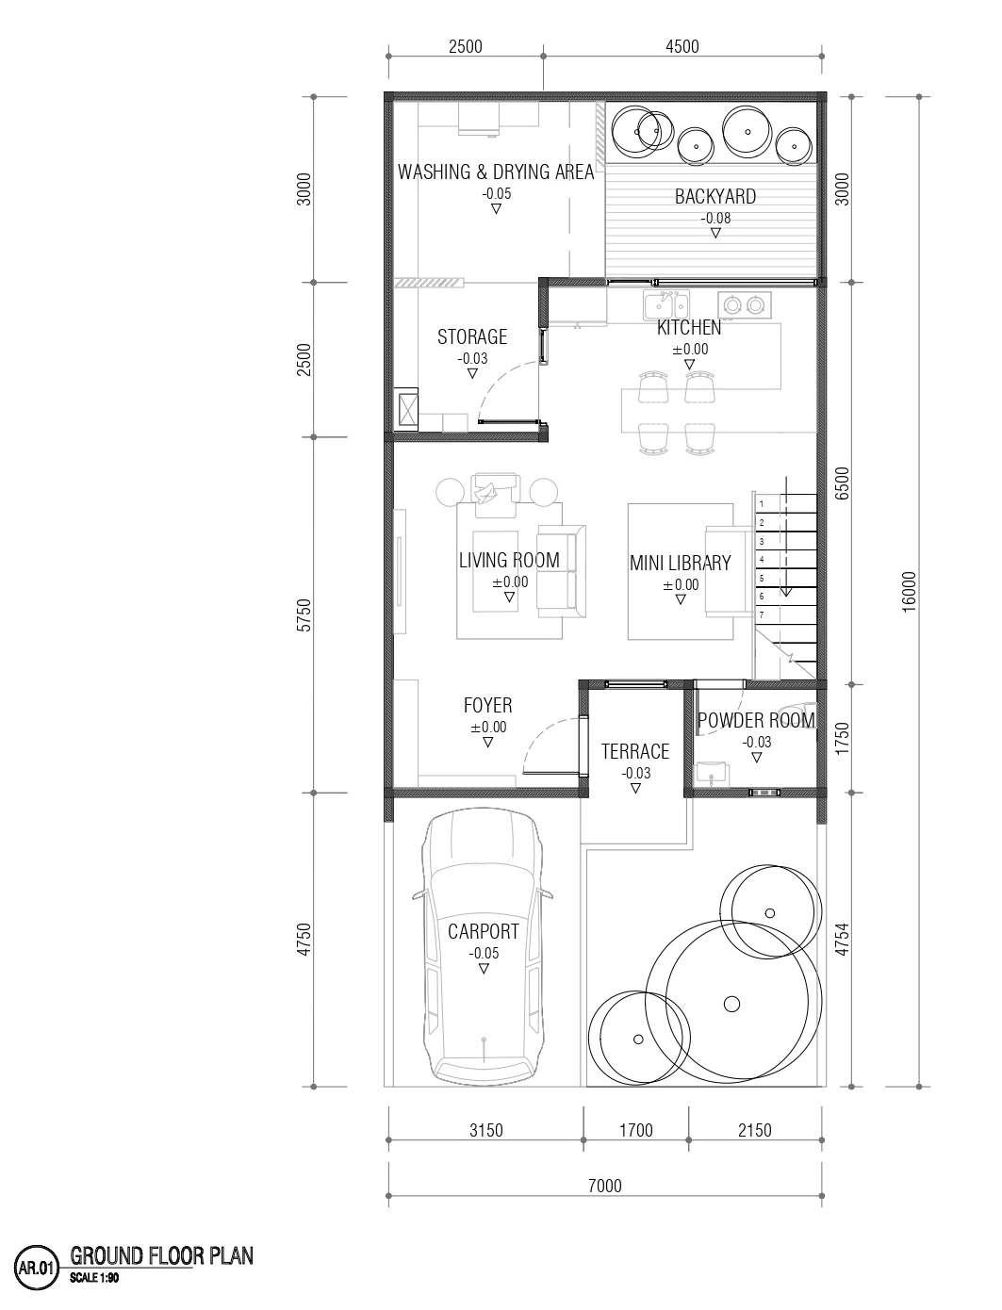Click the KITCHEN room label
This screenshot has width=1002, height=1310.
pos(689,328)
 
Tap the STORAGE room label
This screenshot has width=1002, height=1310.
pos(472,337)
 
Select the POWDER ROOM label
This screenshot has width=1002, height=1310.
pos(756,720)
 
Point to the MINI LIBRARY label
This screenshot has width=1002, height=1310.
pos(680,563)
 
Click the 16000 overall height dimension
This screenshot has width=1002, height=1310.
pos(909,592)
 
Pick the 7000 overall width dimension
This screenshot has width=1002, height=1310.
pos(604,1186)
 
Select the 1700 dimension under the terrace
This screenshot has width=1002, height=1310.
pos(636,1130)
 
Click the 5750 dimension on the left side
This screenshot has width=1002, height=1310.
pos(304,615)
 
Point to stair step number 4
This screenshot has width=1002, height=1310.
pos(762,560)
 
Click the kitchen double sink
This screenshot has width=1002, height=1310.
pos(666,305)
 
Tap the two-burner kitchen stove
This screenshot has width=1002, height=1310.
pos(744,305)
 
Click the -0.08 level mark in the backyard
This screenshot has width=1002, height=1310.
pos(715,219)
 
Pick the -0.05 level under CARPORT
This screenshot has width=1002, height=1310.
pos(484,953)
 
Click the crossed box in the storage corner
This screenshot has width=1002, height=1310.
pos(406,409)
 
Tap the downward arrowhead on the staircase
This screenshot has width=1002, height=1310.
pos(786,592)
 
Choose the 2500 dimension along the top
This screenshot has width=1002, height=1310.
pos(465,46)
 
